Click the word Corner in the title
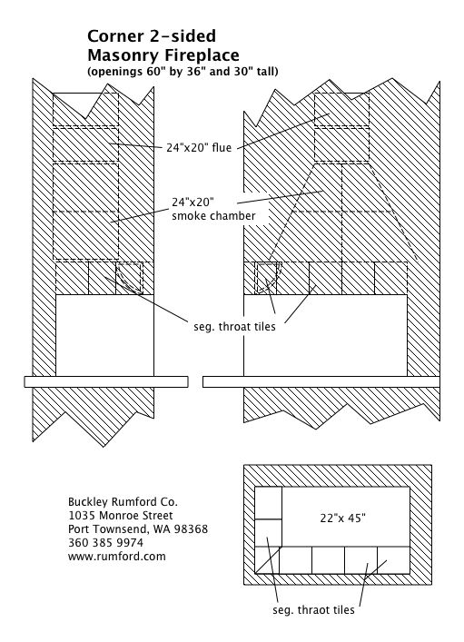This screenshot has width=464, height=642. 112,36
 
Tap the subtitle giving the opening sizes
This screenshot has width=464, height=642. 183,71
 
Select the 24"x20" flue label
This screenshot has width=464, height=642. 199,147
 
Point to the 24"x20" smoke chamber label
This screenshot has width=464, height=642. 213,209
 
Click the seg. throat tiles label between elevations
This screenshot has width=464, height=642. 234,326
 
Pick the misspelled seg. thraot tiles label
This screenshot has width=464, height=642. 313,609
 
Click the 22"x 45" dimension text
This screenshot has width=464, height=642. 342,518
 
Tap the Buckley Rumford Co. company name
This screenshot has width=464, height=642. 123,502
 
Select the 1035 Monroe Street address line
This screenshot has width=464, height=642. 121,516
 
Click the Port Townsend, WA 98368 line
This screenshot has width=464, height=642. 138,529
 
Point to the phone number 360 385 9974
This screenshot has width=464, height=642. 105,542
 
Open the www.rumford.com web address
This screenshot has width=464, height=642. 117,557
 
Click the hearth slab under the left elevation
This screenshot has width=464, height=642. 106,381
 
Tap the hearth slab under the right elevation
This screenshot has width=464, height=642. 321,381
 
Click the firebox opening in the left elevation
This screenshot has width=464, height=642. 104,335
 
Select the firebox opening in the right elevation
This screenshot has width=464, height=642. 326,335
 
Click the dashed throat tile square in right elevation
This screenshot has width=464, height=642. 268,278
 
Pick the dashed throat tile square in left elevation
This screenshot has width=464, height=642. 130,278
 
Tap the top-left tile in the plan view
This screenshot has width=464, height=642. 268,503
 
